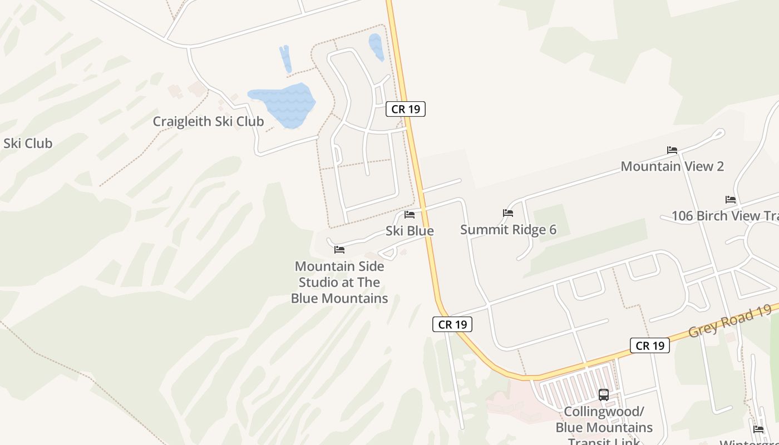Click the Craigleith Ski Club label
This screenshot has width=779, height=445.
pyautogui.click(x=208, y=121)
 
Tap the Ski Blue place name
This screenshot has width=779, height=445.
pyautogui.click(x=410, y=231)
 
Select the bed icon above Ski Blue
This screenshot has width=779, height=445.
pyautogui.click(x=410, y=215)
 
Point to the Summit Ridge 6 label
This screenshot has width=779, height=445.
pyautogui.click(x=508, y=230)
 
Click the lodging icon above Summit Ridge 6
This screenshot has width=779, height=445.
pyautogui.click(x=507, y=213)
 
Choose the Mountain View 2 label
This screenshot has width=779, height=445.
pyautogui.click(x=672, y=166)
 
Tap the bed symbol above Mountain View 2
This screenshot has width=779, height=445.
pyautogui.click(x=672, y=150)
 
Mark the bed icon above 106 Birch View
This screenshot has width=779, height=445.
pyautogui.click(x=731, y=200)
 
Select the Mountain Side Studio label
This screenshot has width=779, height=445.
pyautogui.click(x=339, y=282)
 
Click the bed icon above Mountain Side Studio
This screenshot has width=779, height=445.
pyautogui.click(x=339, y=250)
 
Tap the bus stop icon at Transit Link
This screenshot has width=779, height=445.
pyautogui.click(x=604, y=395)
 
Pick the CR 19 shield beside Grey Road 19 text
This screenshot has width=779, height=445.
pyautogui.click(x=649, y=345)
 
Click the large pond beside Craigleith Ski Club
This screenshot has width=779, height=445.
pyautogui.click(x=284, y=104)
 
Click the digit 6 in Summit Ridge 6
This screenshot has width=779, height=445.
pyautogui.click(x=552, y=230)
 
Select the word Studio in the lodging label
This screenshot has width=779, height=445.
pyautogui.click(x=319, y=282)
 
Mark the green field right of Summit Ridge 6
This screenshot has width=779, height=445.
pyautogui.click(x=590, y=245)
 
